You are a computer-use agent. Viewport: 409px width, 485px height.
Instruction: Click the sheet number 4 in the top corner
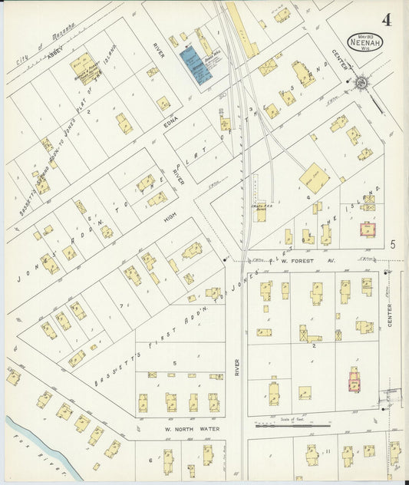click(x=387, y=20)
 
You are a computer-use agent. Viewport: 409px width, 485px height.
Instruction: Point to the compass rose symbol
click(x=359, y=82)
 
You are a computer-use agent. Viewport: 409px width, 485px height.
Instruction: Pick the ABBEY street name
click(x=53, y=54)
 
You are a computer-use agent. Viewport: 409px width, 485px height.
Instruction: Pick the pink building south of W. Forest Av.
click(x=355, y=381)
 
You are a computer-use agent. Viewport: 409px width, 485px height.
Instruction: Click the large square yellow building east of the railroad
click(x=313, y=178)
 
